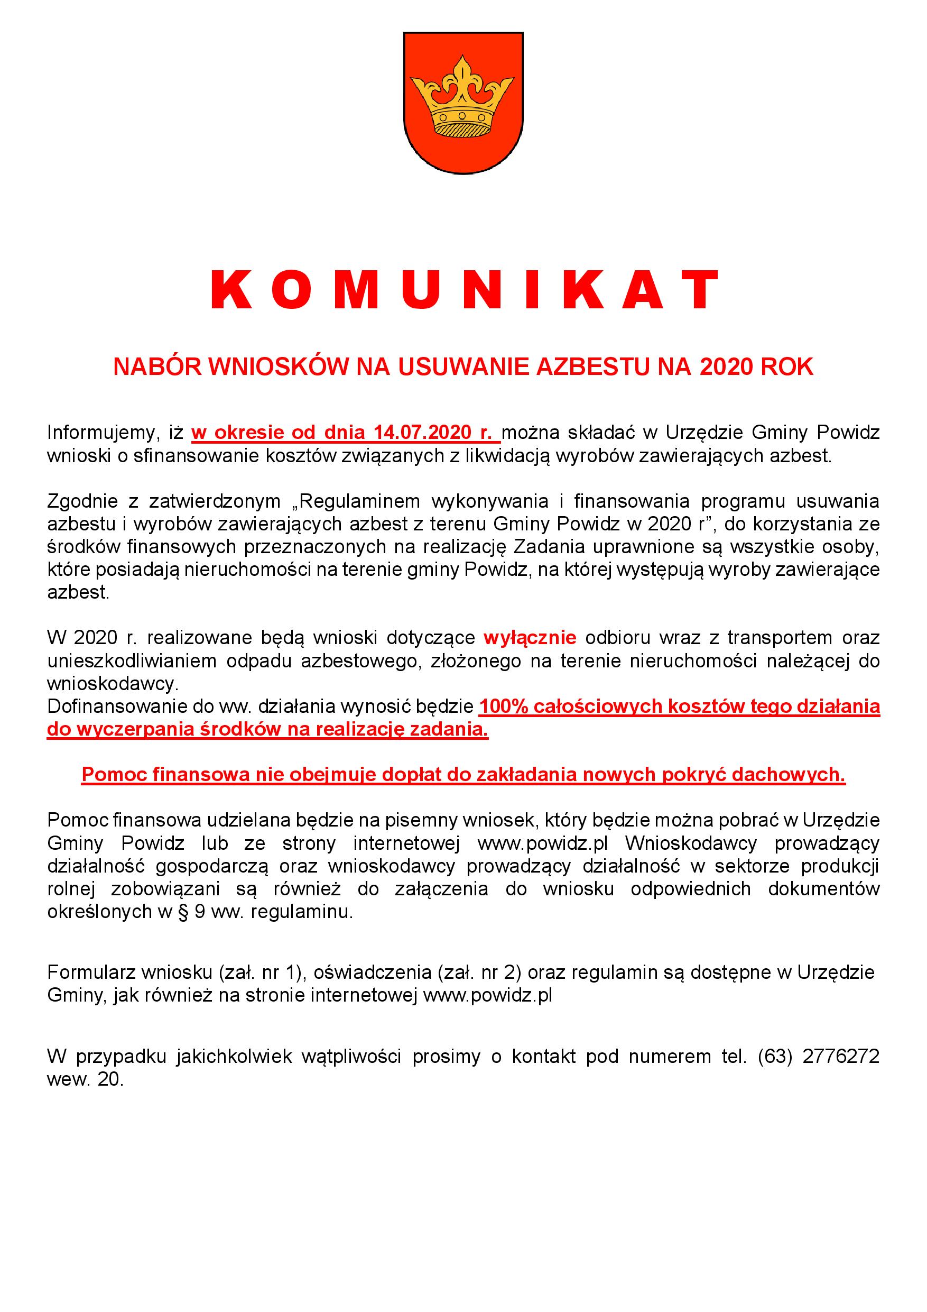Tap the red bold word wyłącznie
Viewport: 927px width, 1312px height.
[530, 637]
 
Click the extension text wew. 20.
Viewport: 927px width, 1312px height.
[85, 1080]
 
